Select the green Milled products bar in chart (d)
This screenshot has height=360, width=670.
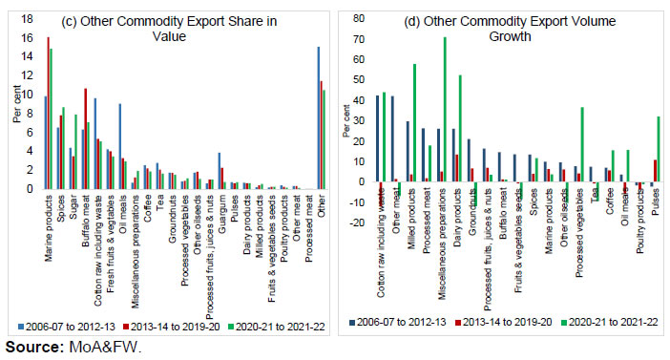[413, 122]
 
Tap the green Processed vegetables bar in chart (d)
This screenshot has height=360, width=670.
[581, 144]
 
